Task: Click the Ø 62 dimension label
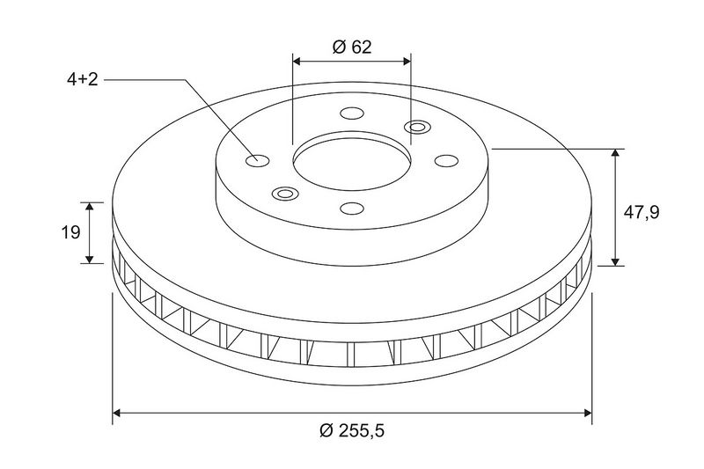[x=352, y=47]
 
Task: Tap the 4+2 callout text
[x=82, y=80]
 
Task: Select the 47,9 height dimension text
[x=642, y=212]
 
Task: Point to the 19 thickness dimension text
[x=70, y=232]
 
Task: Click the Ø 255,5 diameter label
[x=352, y=431]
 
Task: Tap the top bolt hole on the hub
[x=351, y=113]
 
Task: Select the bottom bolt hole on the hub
[x=351, y=209]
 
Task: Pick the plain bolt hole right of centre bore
[x=446, y=161]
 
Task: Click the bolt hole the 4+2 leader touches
[x=257, y=160]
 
